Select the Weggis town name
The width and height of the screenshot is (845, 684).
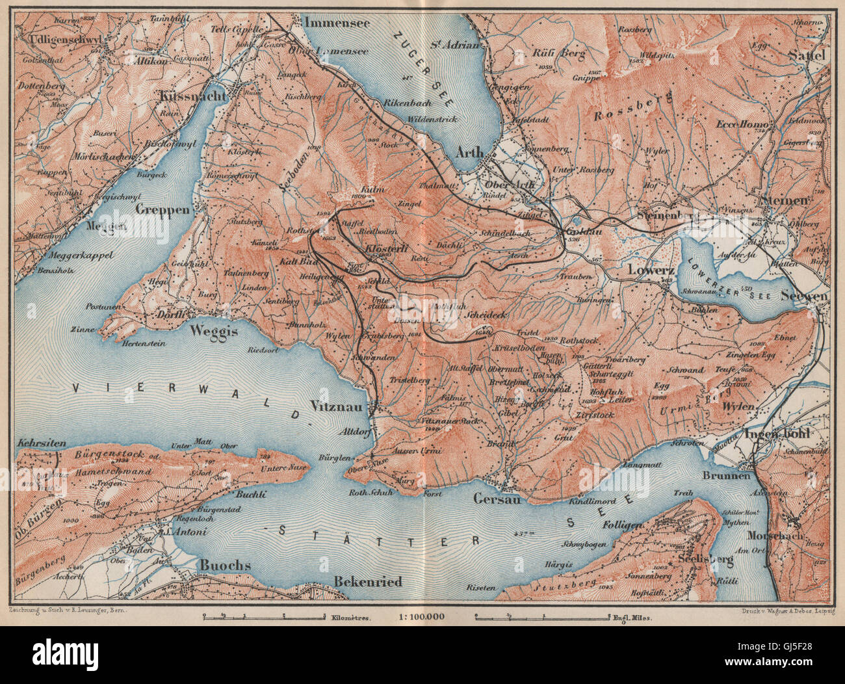[214, 330]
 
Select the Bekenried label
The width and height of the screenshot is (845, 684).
[367, 581]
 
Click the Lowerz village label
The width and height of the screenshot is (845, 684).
[650, 269]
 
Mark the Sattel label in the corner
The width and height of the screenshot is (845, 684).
[807, 56]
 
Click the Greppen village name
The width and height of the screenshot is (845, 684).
[163, 210]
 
